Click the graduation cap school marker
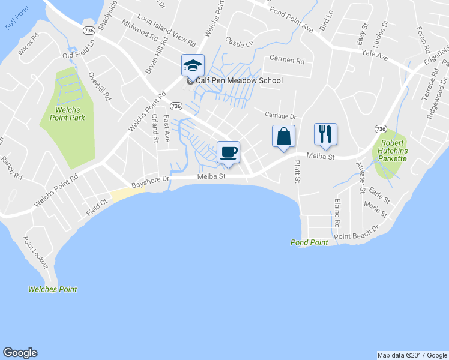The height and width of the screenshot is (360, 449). coord(193,65)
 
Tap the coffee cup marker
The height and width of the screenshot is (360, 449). coord(228,152)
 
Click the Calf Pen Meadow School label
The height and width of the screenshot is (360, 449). coord(235,80)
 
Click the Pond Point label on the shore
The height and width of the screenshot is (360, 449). coord(309,242)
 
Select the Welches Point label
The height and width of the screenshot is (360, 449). coord(53,289)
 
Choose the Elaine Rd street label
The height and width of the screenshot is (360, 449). coord(337,213)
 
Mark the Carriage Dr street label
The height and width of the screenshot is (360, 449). coord(281,116)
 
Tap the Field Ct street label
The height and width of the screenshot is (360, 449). coord(97,202)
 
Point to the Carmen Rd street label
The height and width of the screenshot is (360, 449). coord(287,60)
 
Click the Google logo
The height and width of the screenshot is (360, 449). coord(20,353)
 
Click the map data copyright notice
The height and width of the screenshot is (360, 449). coord(412,355)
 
